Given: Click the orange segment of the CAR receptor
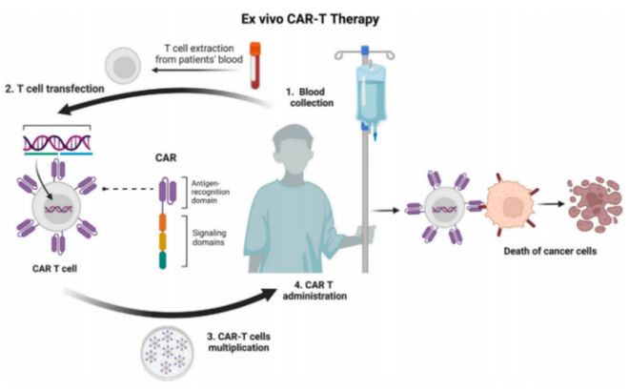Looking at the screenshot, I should click(162, 229).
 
